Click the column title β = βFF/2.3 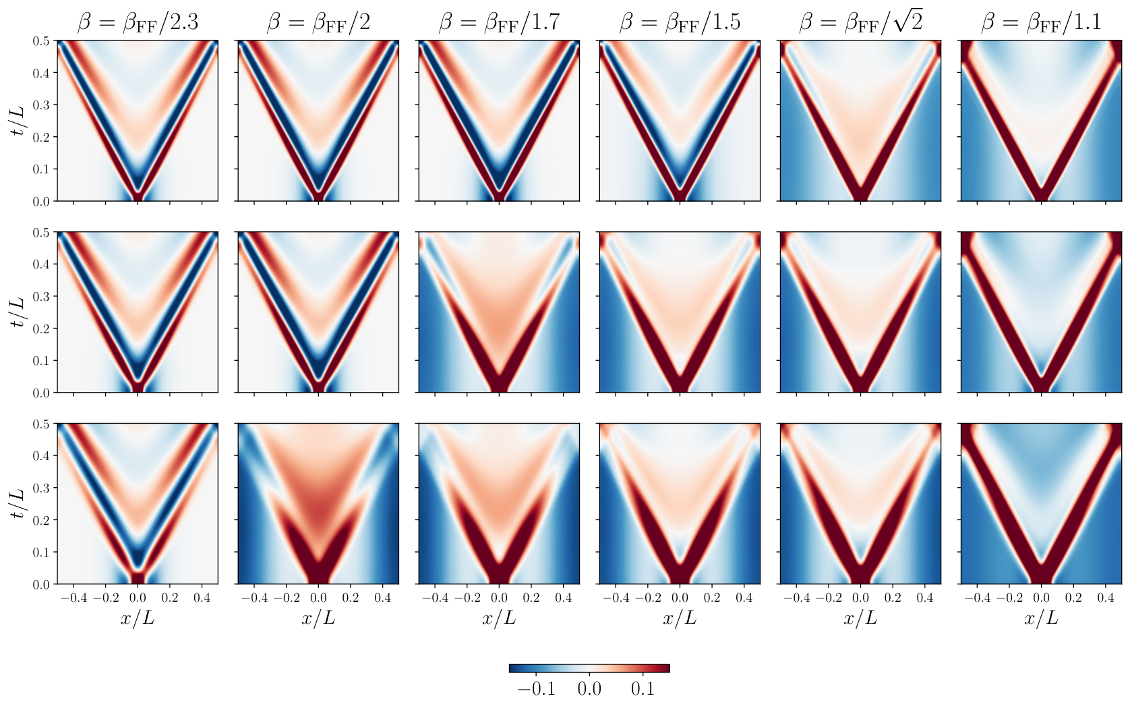138,23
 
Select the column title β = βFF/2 318,23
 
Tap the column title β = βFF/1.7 499,23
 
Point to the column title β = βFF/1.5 680,23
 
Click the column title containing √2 860,22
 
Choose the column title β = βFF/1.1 1041,23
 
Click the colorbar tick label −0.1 536,689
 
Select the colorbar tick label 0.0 589,689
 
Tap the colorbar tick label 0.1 643,689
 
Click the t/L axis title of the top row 18,121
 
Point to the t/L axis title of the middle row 18,312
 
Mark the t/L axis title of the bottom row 18,504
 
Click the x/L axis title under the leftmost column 138,618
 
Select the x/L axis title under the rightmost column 1041,618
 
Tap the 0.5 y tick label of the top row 41,41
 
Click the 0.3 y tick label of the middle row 41,296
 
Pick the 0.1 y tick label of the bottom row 41,552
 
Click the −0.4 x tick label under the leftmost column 73,598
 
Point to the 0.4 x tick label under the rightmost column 1105,598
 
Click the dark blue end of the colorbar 514,668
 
